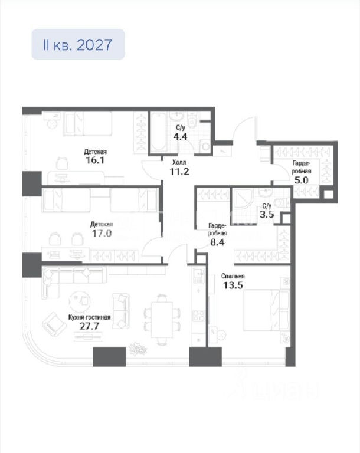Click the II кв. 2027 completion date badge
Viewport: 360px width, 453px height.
[x=78, y=44]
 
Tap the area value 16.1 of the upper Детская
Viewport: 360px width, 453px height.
[x=95, y=160]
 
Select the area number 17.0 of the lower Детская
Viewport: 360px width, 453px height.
[x=102, y=233]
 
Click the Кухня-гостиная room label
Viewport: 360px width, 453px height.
[x=89, y=317]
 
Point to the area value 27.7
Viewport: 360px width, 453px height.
[x=89, y=326]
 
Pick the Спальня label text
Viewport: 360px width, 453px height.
[x=233, y=276]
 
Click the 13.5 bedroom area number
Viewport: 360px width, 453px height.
[x=233, y=285]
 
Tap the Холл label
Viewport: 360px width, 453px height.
[x=179, y=163]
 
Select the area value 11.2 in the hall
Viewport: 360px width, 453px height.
[x=179, y=172]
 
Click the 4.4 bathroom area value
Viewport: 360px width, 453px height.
[x=180, y=136]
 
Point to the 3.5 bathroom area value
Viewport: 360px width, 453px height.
[x=267, y=215]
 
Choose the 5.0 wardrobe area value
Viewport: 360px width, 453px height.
[x=302, y=180]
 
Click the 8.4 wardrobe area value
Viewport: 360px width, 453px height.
[x=217, y=242]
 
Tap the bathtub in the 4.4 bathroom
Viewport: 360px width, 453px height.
[x=159, y=132]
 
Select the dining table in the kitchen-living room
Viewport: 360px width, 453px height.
[x=162, y=319]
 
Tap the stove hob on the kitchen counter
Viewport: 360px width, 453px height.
[x=199, y=316]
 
